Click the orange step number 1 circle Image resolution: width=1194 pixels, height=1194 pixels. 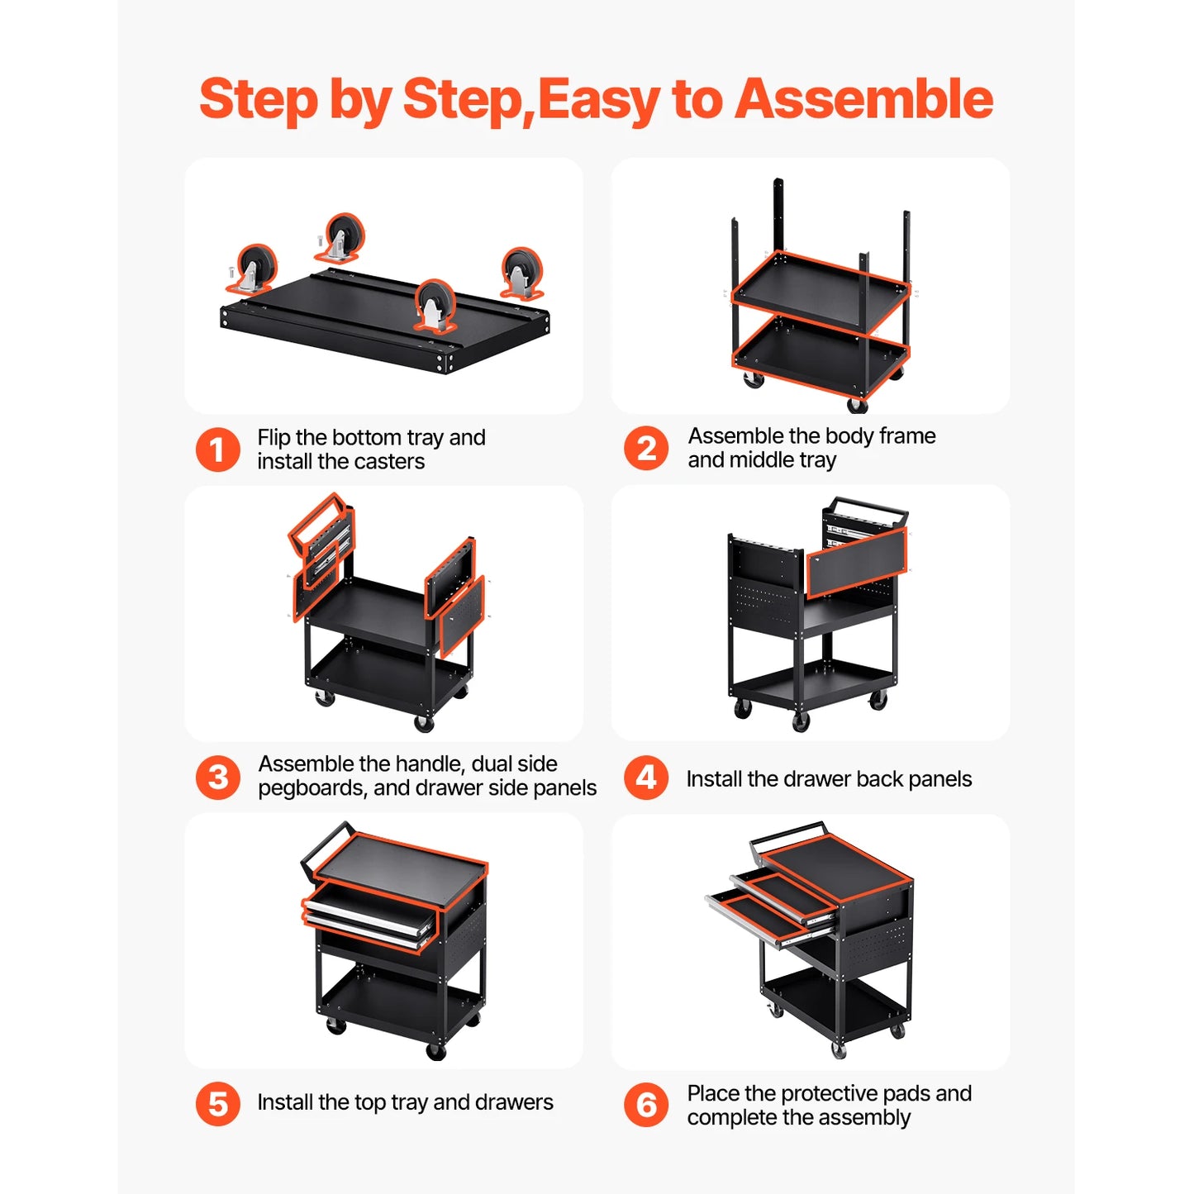[x=217, y=450]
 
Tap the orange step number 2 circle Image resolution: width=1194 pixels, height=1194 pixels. [x=646, y=449]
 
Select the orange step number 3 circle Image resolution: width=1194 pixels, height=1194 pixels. [x=217, y=777]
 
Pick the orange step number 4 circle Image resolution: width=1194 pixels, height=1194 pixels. [x=646, y=778]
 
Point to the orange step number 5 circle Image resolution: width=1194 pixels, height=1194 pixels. [x=217, y=1104]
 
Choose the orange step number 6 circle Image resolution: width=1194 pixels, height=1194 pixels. [x=646, y=1105]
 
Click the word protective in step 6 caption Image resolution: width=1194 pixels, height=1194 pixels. [x=829, y=1094]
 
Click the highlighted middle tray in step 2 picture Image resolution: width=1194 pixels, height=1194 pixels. [x=820, y=289]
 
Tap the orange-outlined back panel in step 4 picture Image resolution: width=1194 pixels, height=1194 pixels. [x=856, y=562]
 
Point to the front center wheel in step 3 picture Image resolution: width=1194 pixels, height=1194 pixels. [x=424, y=723]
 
